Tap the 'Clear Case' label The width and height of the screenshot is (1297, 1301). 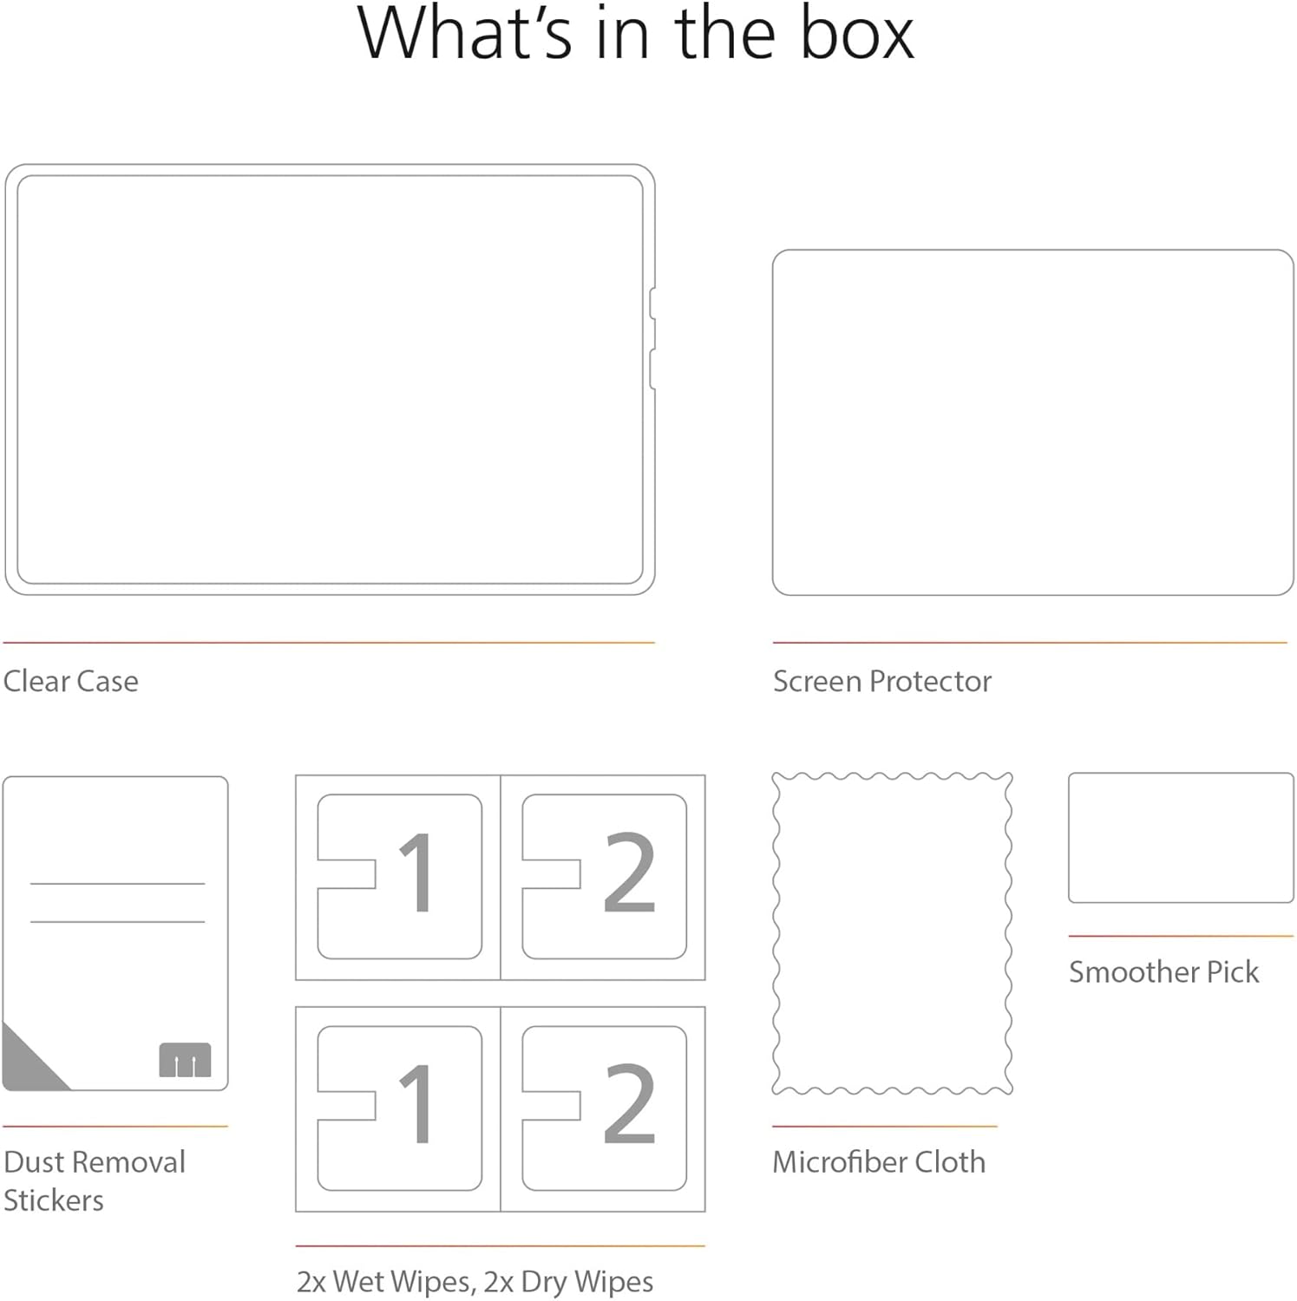pos(70,682)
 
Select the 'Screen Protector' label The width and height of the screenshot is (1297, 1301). pos(881,682)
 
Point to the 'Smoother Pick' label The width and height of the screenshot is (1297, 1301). pos(1163,972)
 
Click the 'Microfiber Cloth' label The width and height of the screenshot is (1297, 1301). pos(879,1162)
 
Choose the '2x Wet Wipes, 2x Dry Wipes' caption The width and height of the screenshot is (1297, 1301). pos(475,1282)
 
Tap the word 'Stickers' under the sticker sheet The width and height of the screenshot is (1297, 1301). pos(54,1200)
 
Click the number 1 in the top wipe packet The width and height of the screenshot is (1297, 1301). pos(417,873)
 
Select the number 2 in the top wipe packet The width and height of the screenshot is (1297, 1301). pos(629,873)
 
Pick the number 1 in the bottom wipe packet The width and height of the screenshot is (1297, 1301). pos(417,1104)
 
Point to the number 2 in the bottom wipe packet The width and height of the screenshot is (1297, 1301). pos(629,1104)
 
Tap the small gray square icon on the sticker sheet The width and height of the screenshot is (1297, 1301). pos(185,1060)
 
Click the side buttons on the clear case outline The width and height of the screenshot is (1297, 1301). pos(652,338)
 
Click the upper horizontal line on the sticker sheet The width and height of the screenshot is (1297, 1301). pos(117,884)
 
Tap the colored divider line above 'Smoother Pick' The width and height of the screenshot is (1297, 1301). pos(1181,937)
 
